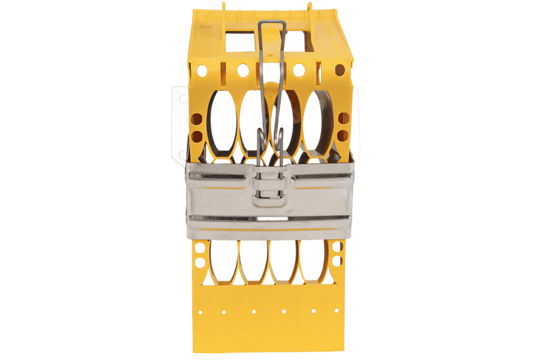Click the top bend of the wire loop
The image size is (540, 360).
coord(272,24)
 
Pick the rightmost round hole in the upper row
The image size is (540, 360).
coord(339,70)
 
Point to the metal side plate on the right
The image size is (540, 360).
coord(356,123)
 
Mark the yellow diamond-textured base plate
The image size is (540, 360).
coord(268,316)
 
